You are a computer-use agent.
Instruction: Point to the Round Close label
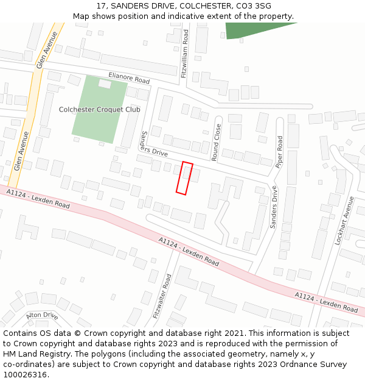217,143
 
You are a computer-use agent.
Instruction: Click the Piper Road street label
279,151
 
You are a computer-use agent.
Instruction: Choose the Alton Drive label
42,316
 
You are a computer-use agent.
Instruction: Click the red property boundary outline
184,178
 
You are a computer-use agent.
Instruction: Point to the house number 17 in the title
101,6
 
